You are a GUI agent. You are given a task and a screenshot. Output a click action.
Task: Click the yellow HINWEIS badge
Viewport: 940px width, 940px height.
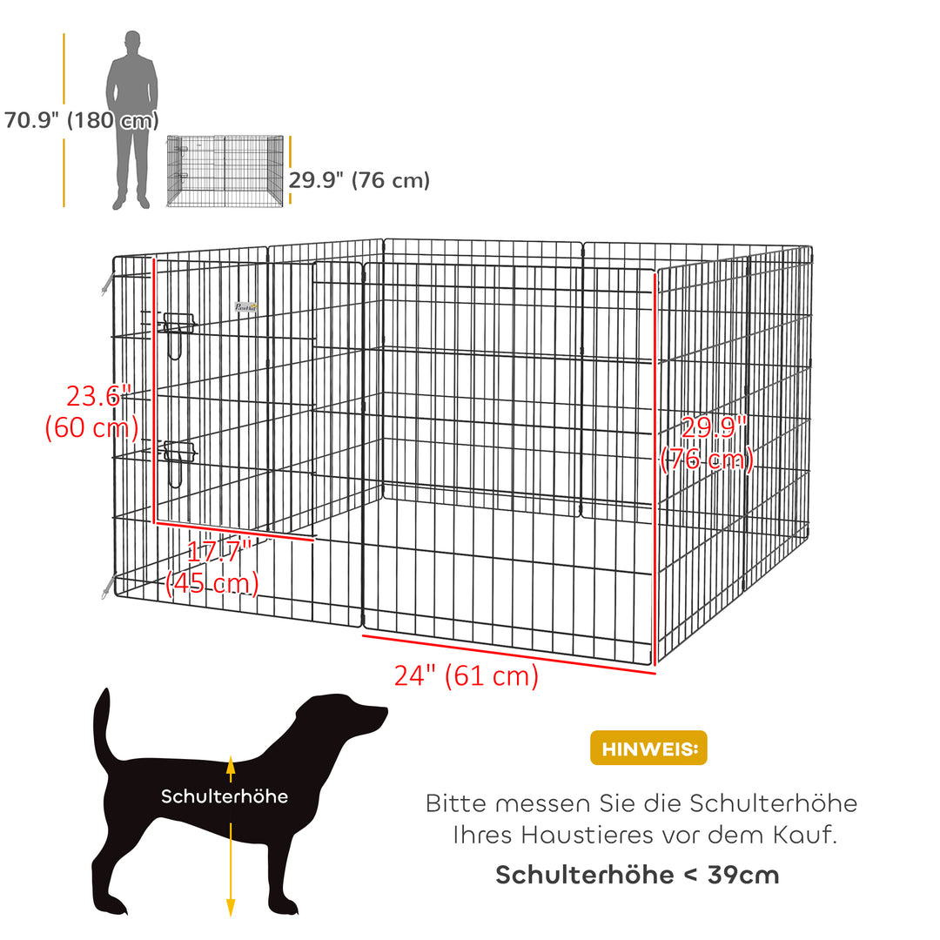tap(648, 748)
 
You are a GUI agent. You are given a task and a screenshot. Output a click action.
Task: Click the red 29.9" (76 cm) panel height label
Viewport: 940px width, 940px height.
tap(707, 443)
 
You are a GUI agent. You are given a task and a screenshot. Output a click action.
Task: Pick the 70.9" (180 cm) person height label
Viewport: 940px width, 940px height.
tap(81, 120)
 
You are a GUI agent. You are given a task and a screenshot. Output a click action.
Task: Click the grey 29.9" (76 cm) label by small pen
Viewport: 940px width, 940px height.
tap(359, 180)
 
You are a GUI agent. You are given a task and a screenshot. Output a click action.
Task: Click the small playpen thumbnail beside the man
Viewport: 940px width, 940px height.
tap(225, 171)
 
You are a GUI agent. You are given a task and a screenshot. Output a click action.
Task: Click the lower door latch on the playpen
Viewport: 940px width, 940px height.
tap(178, 455)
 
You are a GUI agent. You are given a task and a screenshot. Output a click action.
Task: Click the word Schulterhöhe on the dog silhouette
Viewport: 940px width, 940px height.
tap(224, 796)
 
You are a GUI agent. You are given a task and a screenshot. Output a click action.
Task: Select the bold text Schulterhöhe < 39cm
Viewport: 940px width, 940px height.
tap(637, 875)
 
